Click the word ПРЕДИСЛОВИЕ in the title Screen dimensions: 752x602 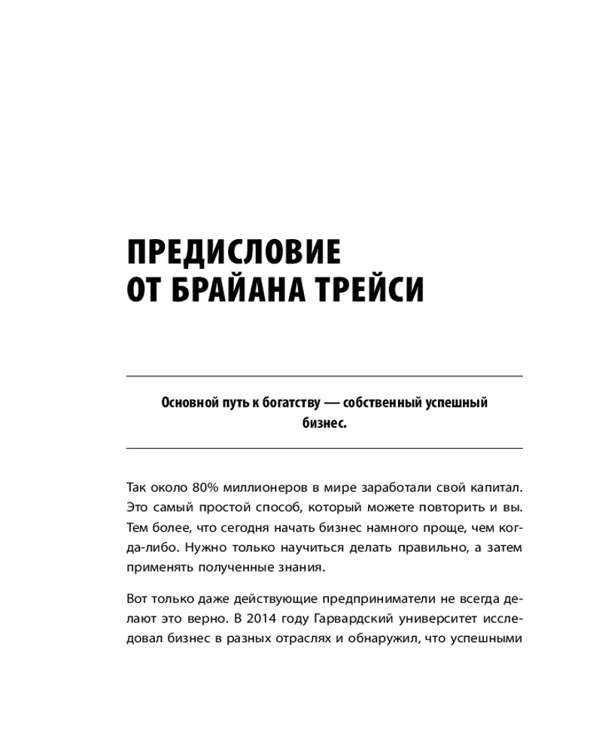[x=233, y=252]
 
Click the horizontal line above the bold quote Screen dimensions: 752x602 [x=324, y=375]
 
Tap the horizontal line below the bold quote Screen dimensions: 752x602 [x=324, y=448]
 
